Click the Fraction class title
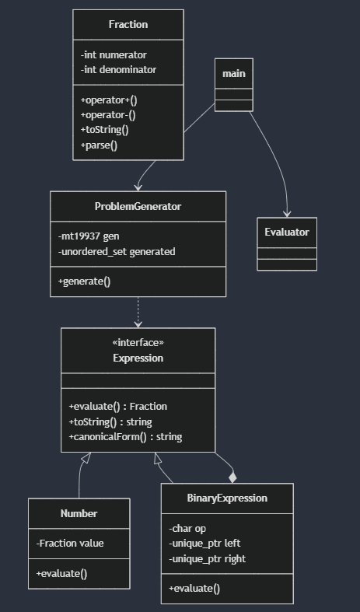click(128, 24)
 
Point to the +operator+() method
click(109, 100)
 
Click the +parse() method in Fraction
click(99, 145)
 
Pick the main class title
click(234, 73)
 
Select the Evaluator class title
click(287, 232)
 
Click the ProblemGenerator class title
click(138, 206)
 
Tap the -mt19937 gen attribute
click(89, 236)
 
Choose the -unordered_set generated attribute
click(117, 252)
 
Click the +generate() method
click(84, 282)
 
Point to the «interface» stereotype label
click(138, 342)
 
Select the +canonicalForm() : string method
click(125, 436)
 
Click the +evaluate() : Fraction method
click(118, 406)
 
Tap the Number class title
click(79, 513)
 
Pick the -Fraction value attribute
click(70, 544)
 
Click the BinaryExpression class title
click(227, 498)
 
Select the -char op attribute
click(187, 529)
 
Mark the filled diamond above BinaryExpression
click(232, 477)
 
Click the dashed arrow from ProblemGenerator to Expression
click(138, 313)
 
